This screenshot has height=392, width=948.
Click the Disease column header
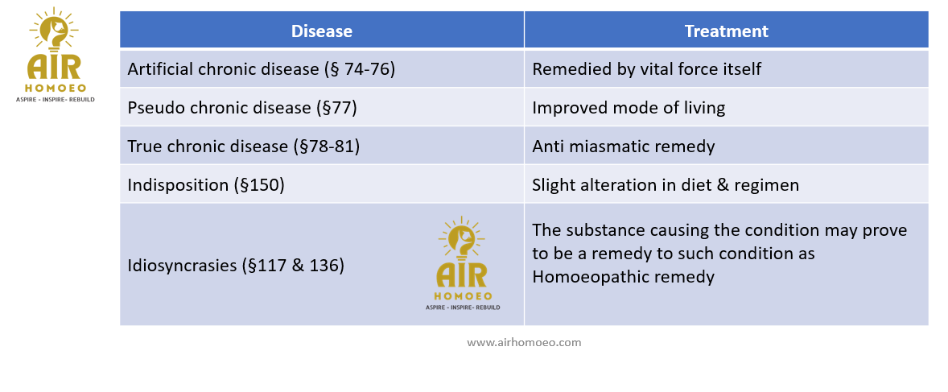click(x=322, y=31)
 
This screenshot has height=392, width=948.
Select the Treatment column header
click(x=726, y=31)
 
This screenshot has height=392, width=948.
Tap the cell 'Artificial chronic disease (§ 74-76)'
click(x=322, y=69)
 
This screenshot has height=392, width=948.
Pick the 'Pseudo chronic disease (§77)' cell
click(x=322, y=108)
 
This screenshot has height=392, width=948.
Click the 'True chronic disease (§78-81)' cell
click(x=322, y=146)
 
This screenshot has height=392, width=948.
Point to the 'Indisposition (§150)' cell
click(x=322, y=184)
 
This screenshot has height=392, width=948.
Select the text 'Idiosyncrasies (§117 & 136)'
click(x=236, y=265)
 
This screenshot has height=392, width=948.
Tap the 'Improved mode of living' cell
click(x=726, y=108)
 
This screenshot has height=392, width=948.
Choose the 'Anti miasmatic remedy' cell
click(x=726, y=146)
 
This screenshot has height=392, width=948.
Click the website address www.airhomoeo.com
click(x=524, y=342)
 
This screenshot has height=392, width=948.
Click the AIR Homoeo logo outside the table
click(x=55, y=55)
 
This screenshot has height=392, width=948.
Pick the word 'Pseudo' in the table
click(x=155, y=108)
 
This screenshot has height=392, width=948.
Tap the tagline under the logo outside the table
click(x=55, y=99)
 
